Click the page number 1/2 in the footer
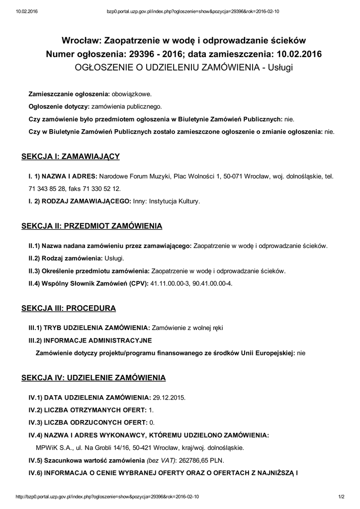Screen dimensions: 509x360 click(x=341, y=497)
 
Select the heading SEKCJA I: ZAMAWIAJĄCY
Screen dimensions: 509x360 click(x=70, y=157)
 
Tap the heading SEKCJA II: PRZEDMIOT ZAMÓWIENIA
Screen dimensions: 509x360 click(x=91, y=226)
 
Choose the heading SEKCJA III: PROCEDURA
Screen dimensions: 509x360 click(x=68, y=308)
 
